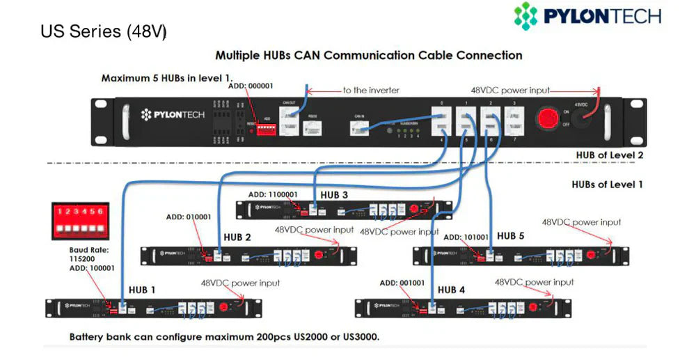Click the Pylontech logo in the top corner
pos(587,16)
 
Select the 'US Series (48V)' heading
pos(103,32)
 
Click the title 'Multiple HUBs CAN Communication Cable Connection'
pos(368,55)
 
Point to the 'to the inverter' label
pos(370,91)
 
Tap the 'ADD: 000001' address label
pos(251,86)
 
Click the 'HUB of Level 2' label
pos(606,155)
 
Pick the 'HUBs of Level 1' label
pos(603,185)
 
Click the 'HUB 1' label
pos(142,290)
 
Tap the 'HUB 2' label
pos(237,237)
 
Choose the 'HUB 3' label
pos(334,195)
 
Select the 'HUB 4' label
pos(452,290)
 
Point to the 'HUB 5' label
pos(510,236)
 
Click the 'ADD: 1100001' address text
pos(278,194)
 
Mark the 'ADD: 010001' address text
pos(188,217)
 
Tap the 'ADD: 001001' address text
pos(402,283)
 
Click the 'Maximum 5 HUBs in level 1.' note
pos(167,78)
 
